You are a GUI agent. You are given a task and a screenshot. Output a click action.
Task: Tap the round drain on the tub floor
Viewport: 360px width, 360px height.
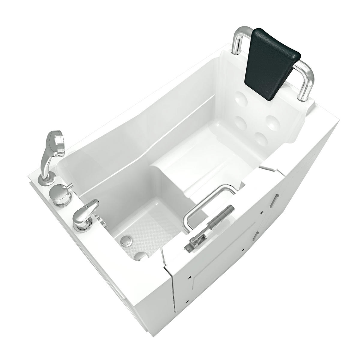tap(127, 240)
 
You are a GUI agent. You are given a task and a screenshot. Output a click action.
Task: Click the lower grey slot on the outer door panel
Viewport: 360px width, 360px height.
tap(255, 236)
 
